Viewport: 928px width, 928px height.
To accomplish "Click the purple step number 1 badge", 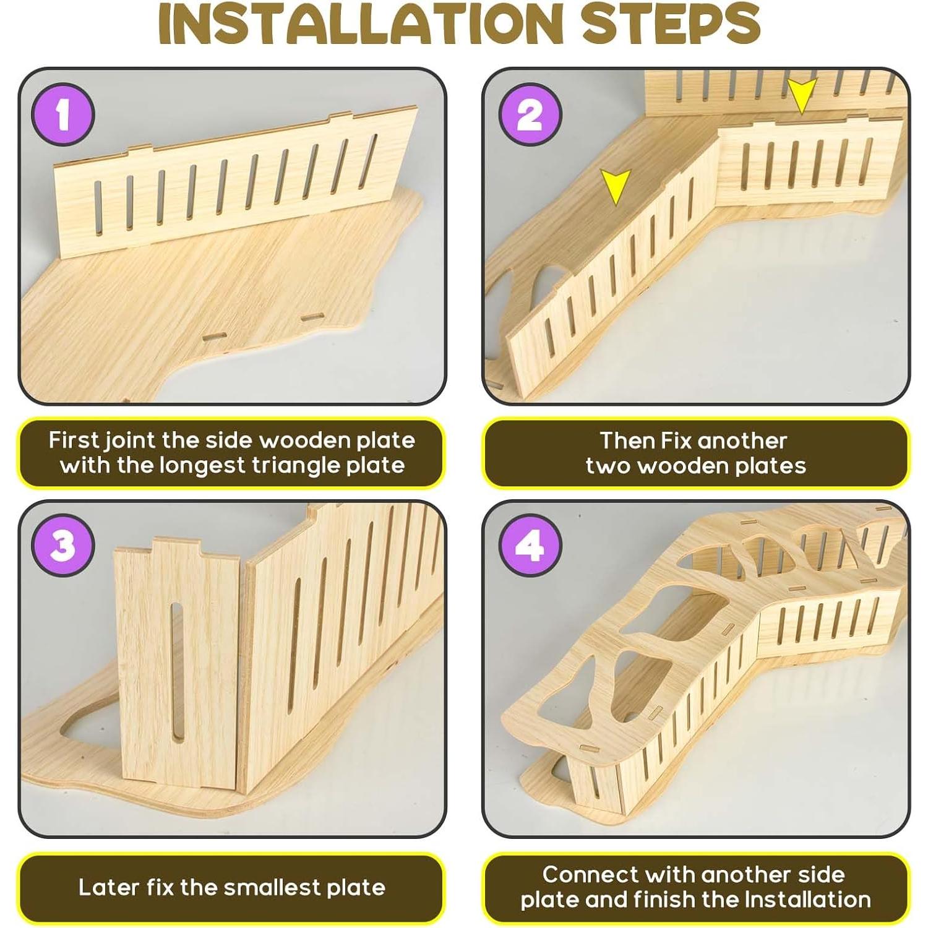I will point(64,115).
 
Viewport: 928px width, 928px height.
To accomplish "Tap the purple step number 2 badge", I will point(530,115).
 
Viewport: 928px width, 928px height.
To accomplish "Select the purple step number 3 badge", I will point(64,547).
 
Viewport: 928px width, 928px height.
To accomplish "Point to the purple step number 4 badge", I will point(530,547).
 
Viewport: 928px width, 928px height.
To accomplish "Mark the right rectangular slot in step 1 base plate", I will point(312,317).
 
